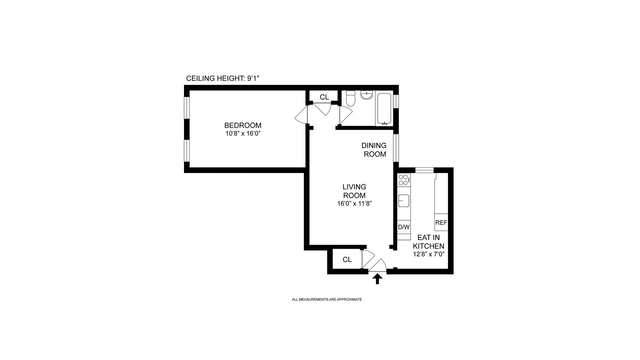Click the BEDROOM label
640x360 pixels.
coord(243,125)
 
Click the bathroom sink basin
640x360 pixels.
coord(367,95)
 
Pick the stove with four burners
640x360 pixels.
coord(404,180)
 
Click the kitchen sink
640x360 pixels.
coord(404,201)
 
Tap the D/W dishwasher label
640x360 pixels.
coord(404,227)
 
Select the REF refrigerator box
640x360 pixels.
coord(441,222)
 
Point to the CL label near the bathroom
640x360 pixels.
coord(324,97)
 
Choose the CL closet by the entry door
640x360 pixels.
coord(347,259)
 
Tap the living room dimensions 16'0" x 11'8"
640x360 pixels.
coord(354,204)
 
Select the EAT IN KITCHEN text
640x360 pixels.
coord(429,242)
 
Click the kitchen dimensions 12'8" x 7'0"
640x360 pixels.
coord(429,254)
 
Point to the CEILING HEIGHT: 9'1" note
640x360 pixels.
coord(223,78)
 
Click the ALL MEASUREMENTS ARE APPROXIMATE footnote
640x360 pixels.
coord(327,299)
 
